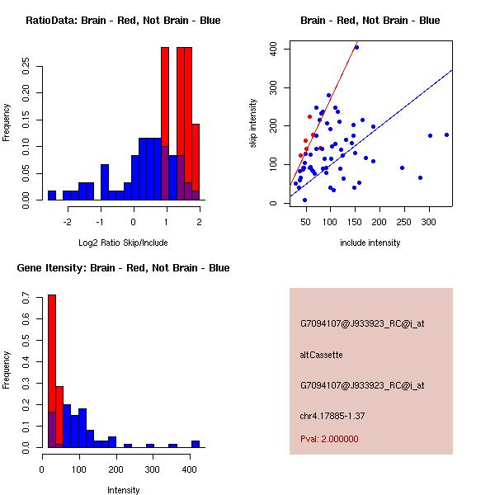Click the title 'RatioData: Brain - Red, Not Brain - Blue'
123,21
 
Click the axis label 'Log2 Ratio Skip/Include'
123,243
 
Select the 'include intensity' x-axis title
370,243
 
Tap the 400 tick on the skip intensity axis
271,49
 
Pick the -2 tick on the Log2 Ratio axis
68,222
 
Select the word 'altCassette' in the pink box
321,355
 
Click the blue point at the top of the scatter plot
356,47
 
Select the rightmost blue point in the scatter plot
446,134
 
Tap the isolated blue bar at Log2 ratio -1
105,181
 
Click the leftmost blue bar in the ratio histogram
52,195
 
